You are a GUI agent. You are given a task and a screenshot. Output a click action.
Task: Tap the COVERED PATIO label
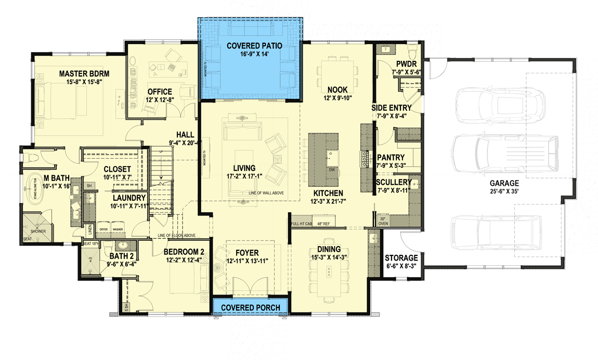tap(254, 46)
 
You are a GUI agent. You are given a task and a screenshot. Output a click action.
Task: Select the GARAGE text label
tap(504, 183)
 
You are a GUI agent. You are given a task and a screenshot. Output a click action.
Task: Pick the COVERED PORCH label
tap(251, 307)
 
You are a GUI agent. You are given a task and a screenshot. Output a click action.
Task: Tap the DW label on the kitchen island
tap(331, 170)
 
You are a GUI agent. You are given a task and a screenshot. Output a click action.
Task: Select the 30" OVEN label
tap(383, 221)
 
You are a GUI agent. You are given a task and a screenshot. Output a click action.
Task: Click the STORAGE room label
tap(401, 258)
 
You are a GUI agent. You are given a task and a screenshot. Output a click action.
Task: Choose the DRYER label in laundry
tap(103, 229)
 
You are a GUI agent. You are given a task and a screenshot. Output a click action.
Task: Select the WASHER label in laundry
tap(118, 229)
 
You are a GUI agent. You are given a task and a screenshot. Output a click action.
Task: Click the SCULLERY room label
tap(394, 182)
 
